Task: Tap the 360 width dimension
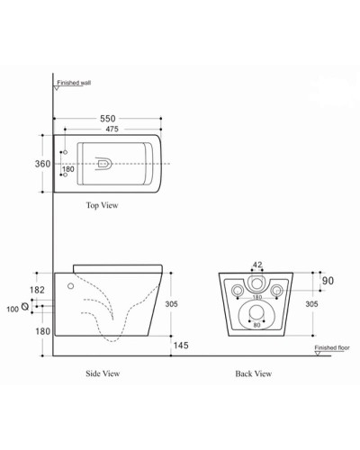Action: tap(40, 164)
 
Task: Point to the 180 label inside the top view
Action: tap(68, 168)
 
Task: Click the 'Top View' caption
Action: tap(102, 206)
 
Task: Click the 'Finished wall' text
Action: tap(75, 82)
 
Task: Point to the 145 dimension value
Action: tap(181, 346)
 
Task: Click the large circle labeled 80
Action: tap(257, 315)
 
